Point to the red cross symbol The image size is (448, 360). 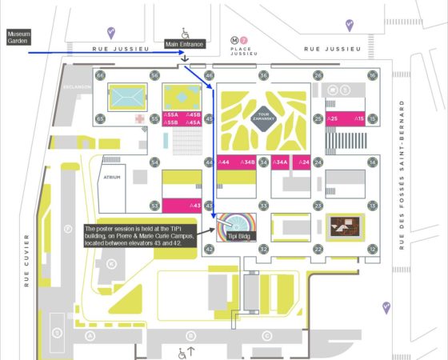[x=139, y=118]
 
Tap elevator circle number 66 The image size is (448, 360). [x=101, y=75]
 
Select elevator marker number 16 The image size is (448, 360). [x=372, y=75]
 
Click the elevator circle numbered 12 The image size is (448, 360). [x=372, y=249]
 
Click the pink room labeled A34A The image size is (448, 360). [x=280, y=162]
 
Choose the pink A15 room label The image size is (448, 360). [x=359, y=118]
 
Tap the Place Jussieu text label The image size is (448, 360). [x=242, y=53]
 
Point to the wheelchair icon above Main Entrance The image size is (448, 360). [x=185, y=33]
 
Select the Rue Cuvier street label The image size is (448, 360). [x=26, y=260]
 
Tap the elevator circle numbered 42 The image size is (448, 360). [x=209, y=249]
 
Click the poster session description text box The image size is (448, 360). [x=140, y=237]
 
